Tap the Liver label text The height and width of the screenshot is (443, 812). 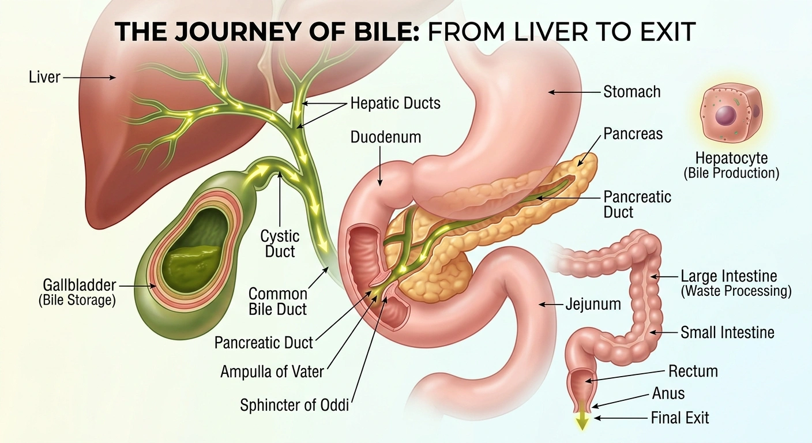(x=44, y=77)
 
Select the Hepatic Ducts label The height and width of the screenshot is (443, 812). (x=395, y=103)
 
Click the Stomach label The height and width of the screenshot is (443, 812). (x=632, y=92)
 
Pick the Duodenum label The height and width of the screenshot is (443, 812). (x=386, y=137)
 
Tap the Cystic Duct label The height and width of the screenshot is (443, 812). (x=280, y=244)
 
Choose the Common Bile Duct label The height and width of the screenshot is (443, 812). (x=278, y=302)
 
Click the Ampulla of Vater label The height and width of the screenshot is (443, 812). (x=272, y=371)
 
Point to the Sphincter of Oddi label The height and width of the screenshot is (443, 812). (x=294, y=405)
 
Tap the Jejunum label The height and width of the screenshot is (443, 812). (x=593, y=304)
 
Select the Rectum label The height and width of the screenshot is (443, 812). (x=693, y=371)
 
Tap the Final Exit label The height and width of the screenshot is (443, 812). (x=680, y=418)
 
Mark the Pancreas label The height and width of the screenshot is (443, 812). (x=633, y=134)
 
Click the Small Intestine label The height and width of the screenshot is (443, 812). (x=727, y=332)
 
